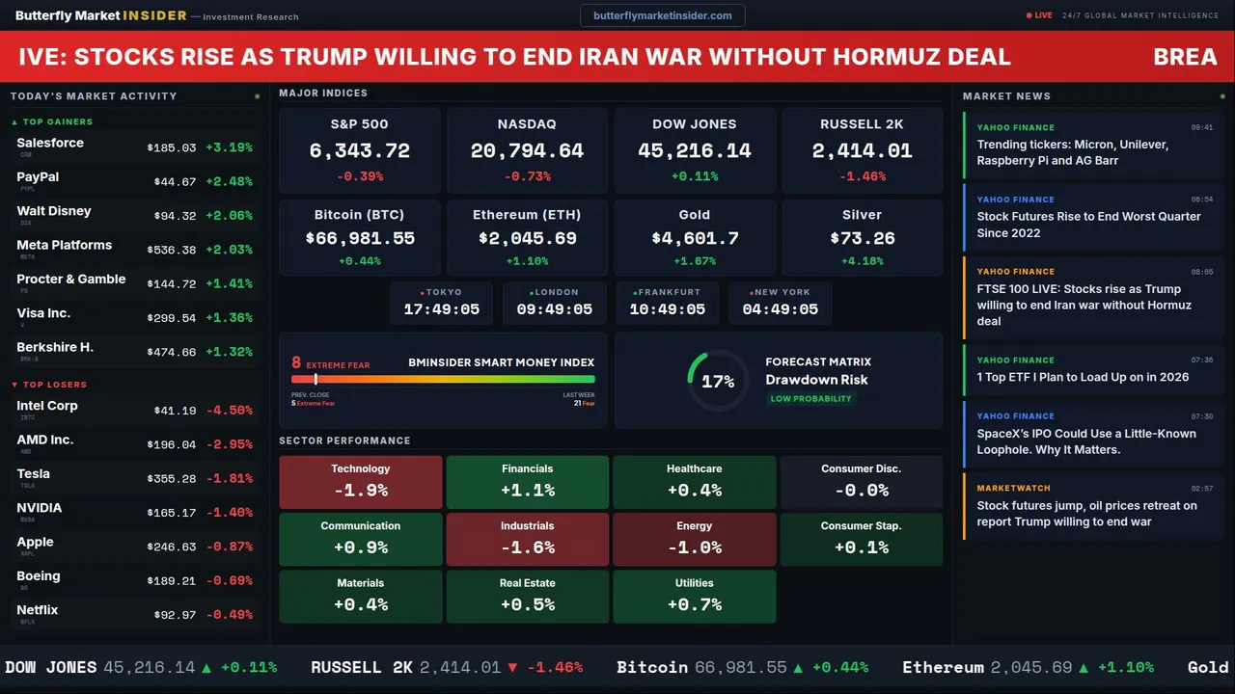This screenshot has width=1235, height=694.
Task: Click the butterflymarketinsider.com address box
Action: point(662,15)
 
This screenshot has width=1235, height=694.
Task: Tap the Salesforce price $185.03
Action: point(172,147)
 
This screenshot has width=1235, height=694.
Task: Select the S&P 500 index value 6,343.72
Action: point(359,151)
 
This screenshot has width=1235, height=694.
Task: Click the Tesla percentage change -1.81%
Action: point(231,478)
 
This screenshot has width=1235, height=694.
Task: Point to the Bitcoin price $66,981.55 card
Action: point(360,238)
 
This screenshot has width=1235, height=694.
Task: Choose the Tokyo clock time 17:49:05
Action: point(441,309)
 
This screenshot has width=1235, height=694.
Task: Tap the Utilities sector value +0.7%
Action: point(694,604)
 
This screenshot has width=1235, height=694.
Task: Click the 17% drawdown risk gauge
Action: point(718,381)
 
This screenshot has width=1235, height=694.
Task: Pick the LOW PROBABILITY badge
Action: point(810,399)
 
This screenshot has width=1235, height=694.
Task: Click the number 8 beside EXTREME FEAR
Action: point(296,363)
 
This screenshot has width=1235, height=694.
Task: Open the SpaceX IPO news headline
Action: point(1086,441)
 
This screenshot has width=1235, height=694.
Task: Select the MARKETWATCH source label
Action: point(1013,489)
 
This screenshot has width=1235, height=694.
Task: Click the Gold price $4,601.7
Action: point(695,238)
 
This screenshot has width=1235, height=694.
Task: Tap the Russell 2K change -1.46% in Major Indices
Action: point(862,176)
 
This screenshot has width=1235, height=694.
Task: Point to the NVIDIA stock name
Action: point(40,508)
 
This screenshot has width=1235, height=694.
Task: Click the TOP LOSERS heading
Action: point(54,385)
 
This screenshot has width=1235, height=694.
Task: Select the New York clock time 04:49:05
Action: point(780,309)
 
